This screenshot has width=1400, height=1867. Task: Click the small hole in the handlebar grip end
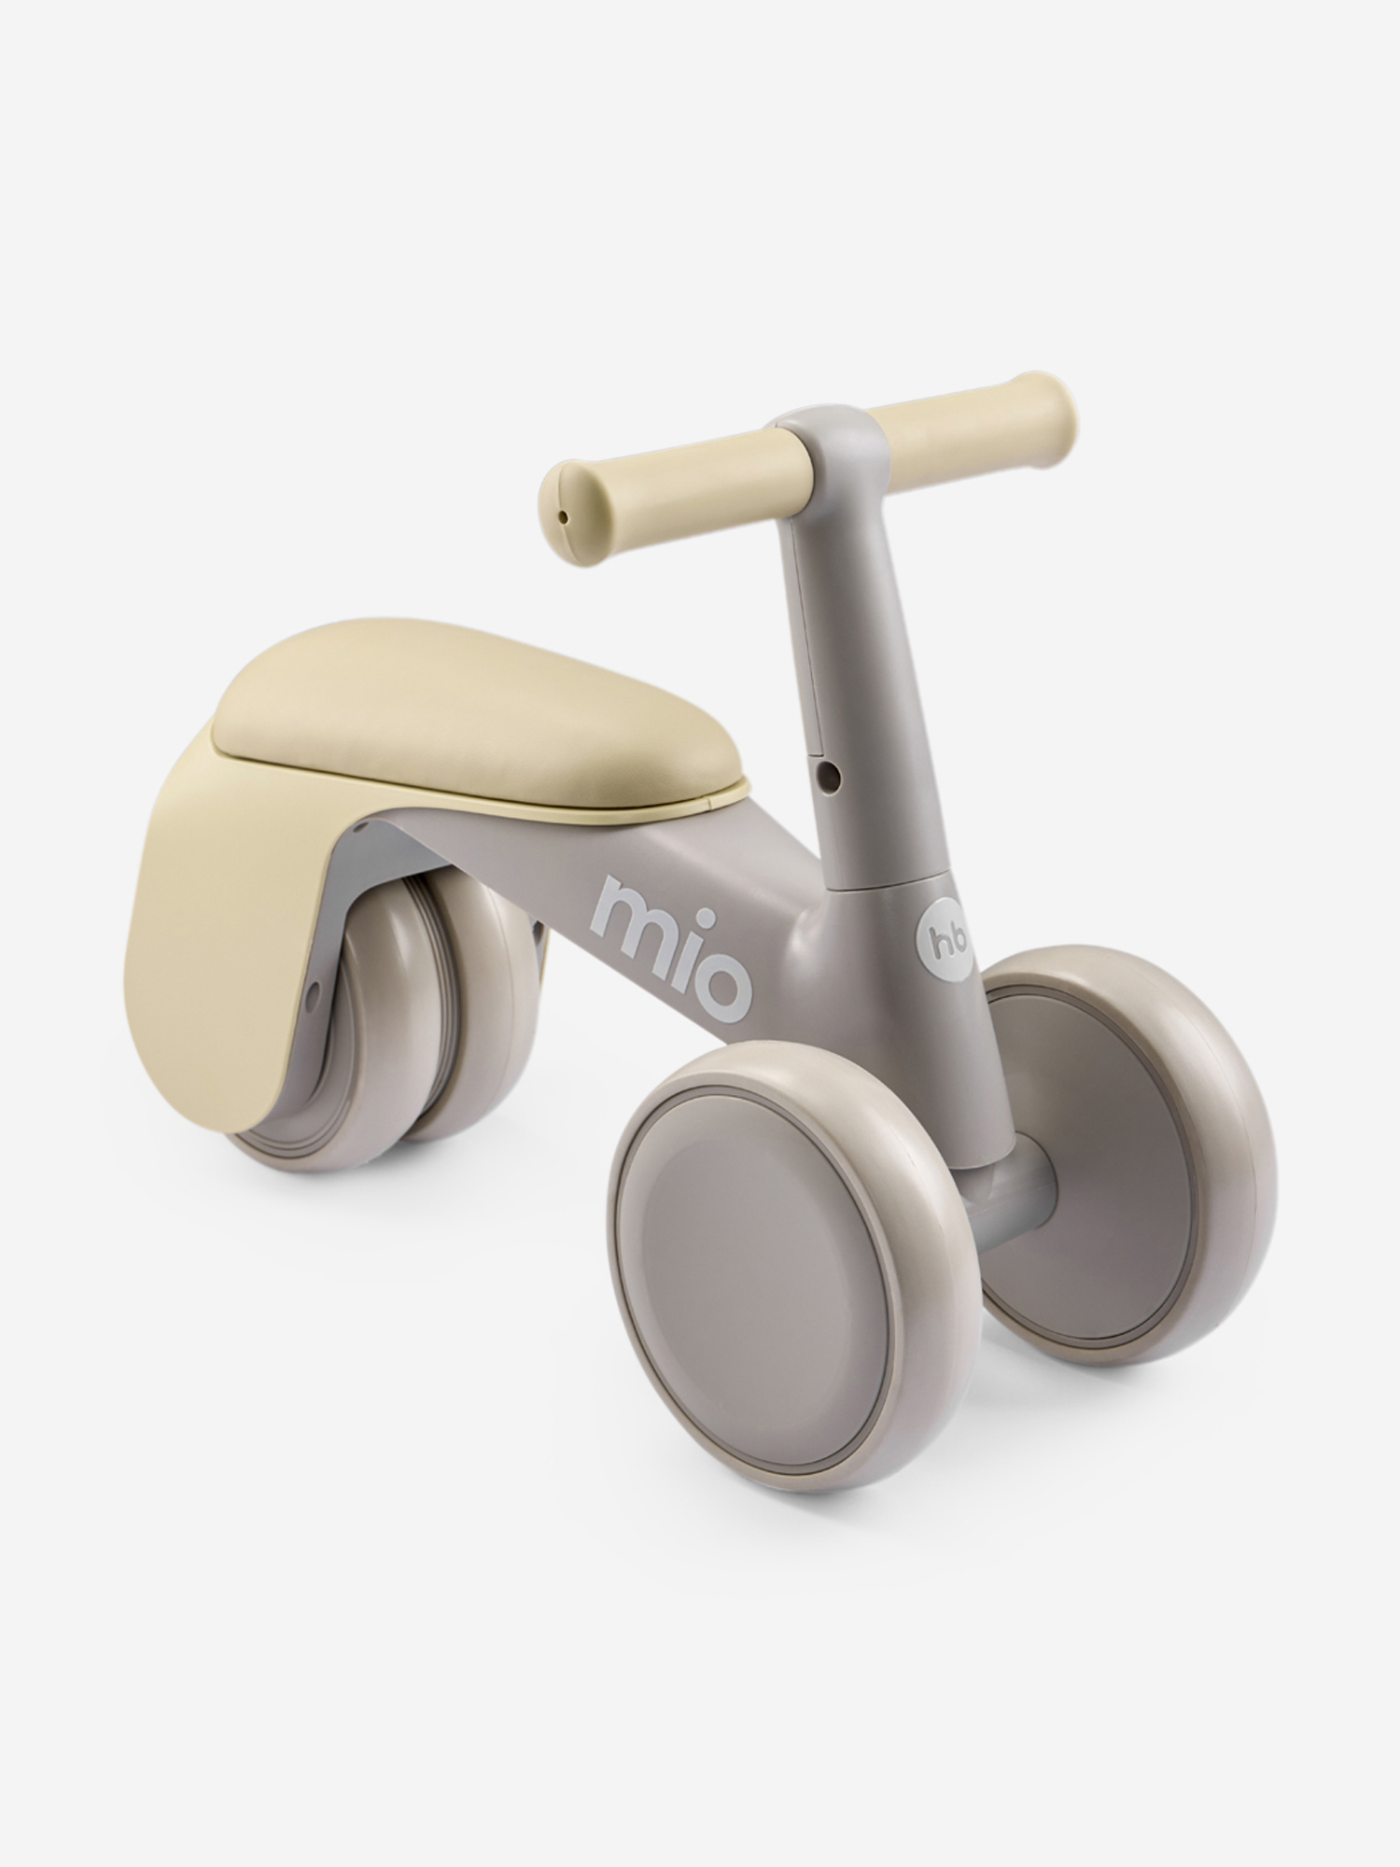[x=561, y=513]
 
